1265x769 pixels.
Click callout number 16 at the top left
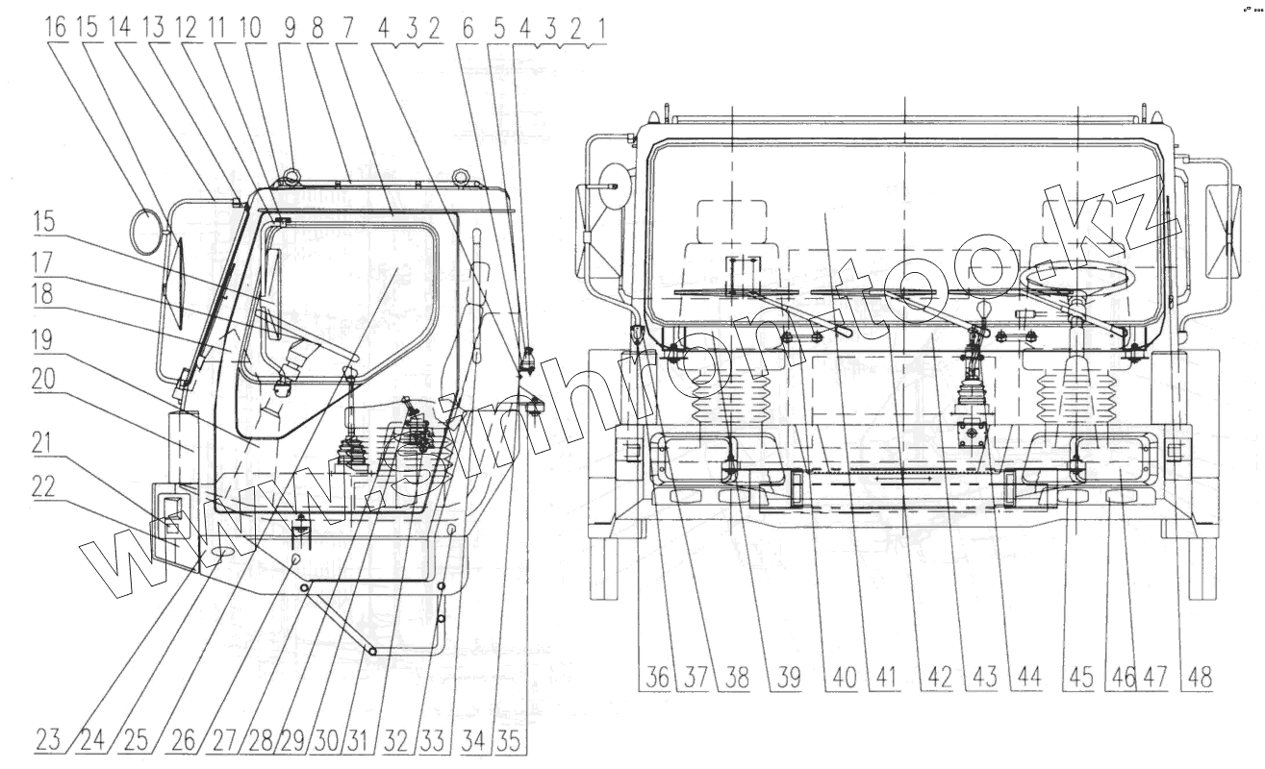click(x=57, y=28)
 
